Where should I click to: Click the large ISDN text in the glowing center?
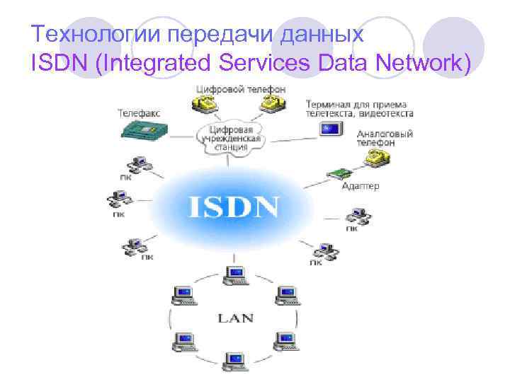[x=234, y=207]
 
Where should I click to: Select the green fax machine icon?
[x=142, y=129]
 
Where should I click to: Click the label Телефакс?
[x=139, y=112]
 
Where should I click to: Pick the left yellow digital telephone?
[x=202, y=104]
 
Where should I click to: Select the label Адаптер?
[x=361, y=186]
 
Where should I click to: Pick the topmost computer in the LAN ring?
[x=234, y=274]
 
